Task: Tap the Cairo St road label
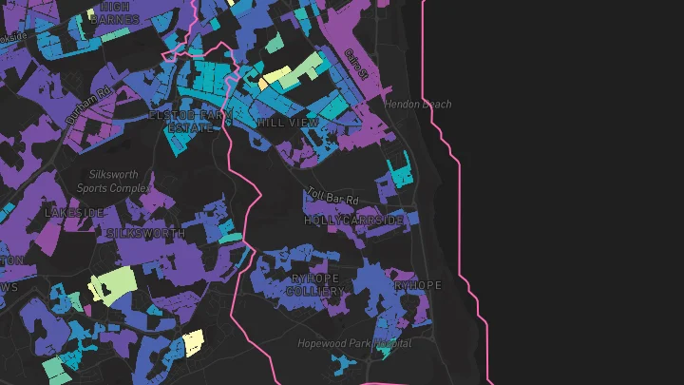click(x=356, y=64)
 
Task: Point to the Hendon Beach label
click(x=418, y=104)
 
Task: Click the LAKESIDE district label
click(x=74, y=213)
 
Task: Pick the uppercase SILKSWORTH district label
click(x=145, y=233)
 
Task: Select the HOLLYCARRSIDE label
click(x=353, y=220)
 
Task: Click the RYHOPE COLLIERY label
click(x=315, y=284)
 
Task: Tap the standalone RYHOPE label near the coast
click(x=418, y=285)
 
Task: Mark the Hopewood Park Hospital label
click(x=354, y=343)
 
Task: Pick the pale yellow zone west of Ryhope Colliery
click(x=193, y=341)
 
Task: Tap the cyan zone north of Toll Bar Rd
click(x=399, y=173)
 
